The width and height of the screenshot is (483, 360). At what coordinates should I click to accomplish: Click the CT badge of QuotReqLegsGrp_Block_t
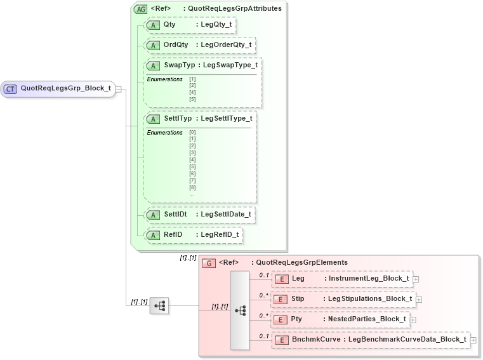pos(11,89)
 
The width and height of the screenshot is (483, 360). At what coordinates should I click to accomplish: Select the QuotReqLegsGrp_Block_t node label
pos(65,89)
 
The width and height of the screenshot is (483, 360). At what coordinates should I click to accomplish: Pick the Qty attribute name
pos(169,25)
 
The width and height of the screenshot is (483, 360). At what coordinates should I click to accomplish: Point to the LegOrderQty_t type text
pos(226,45)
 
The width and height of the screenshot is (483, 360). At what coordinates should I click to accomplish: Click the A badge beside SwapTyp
pos(153,65)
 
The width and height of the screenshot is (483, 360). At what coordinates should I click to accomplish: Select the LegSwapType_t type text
pos(230,65)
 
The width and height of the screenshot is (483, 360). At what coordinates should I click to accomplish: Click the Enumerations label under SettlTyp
pos(164,133)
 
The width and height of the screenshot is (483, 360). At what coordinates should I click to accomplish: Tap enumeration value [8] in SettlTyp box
pos(192,187)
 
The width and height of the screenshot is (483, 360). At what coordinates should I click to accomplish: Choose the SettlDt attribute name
pos(175,215)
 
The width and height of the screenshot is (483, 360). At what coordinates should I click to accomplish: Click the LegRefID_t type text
pos(220,235)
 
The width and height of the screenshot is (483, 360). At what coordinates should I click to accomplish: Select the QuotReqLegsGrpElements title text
pos(300,263)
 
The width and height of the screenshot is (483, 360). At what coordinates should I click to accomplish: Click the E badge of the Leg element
pos(281,279)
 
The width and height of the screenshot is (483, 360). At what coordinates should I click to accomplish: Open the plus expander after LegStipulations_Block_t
pos(419,299)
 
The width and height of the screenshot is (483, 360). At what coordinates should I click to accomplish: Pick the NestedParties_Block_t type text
pos(367,319)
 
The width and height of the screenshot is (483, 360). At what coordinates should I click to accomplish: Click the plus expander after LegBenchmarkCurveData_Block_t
pos(473,340)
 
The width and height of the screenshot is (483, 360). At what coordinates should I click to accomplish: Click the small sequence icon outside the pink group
pos(159,306)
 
